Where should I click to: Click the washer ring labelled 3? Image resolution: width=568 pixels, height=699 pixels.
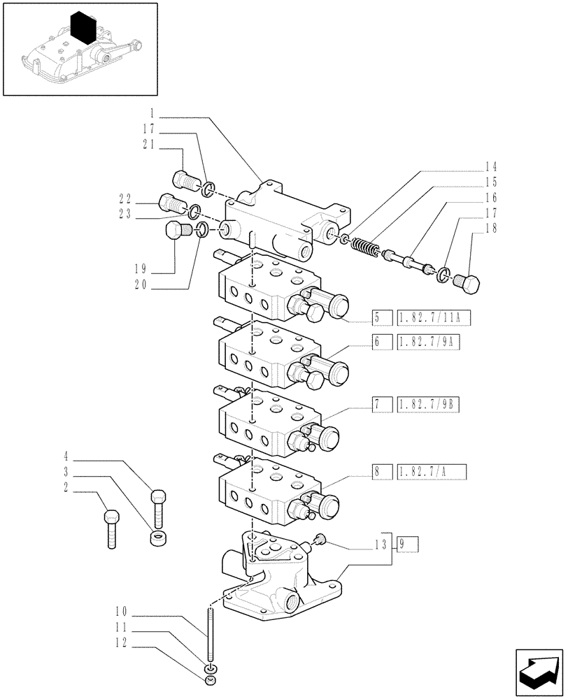pos(159,538)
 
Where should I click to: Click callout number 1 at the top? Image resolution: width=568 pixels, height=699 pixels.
pos(152,112)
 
